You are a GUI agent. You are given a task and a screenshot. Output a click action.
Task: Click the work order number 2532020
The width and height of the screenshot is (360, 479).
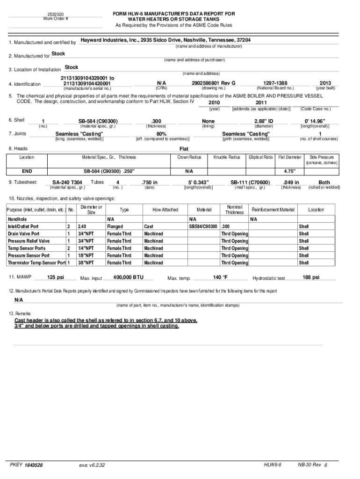pyautogui.click(x=56, y=15)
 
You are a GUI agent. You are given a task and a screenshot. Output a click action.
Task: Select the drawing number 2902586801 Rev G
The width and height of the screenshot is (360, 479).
pyautogui.click(x=213, y=83)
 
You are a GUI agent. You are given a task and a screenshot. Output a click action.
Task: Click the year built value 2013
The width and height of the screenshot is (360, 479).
pyautogui.click(x=325, y=83)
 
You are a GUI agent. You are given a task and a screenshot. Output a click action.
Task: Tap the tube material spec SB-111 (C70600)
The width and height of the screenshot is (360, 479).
pyautogui.click(x=250, y=182)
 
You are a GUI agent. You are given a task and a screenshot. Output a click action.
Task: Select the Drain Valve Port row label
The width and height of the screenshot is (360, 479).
pyautogui.click(x=23, y=233)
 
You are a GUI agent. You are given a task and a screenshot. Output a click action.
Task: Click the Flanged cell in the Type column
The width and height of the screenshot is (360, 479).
pyautogui.click(x=115, y=226)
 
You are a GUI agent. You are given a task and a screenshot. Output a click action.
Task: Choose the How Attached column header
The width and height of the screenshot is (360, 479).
pyautogui.click(x=166, y=210)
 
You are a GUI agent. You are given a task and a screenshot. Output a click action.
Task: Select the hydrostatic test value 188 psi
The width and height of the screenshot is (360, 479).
pyautogui.click(x=310, y=277)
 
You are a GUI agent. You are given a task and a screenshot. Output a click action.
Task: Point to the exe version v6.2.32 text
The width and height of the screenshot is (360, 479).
pyautogui.click(x=93, y=465)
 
